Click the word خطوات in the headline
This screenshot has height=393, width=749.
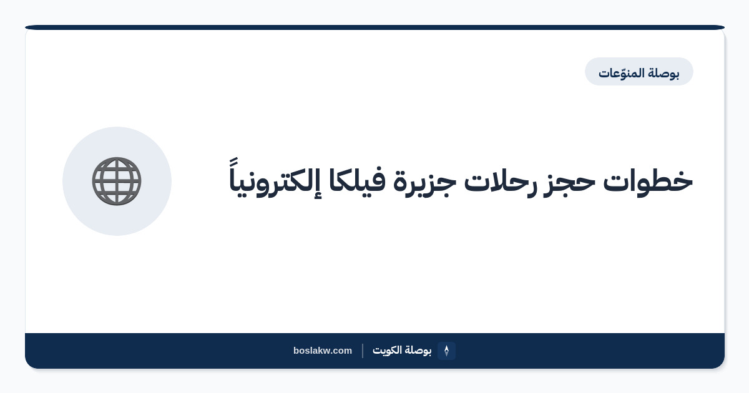[648, 182]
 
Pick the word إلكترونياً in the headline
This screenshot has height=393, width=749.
[275, 179]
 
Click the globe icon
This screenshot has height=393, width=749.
[117, 181]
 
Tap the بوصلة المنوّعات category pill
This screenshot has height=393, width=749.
[639, 72]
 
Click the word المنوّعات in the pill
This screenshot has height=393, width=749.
[621, 73]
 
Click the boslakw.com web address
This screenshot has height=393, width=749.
[322, 351]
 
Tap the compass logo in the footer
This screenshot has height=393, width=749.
[446, 351]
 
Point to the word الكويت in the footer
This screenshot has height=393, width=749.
[387, 350]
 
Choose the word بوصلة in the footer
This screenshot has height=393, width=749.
[418, 351]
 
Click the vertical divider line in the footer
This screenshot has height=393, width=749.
[363, 351]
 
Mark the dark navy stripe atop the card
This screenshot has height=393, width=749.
[374, 27]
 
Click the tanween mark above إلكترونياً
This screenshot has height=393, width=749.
[233, 162]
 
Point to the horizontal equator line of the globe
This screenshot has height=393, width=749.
[117, 181]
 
